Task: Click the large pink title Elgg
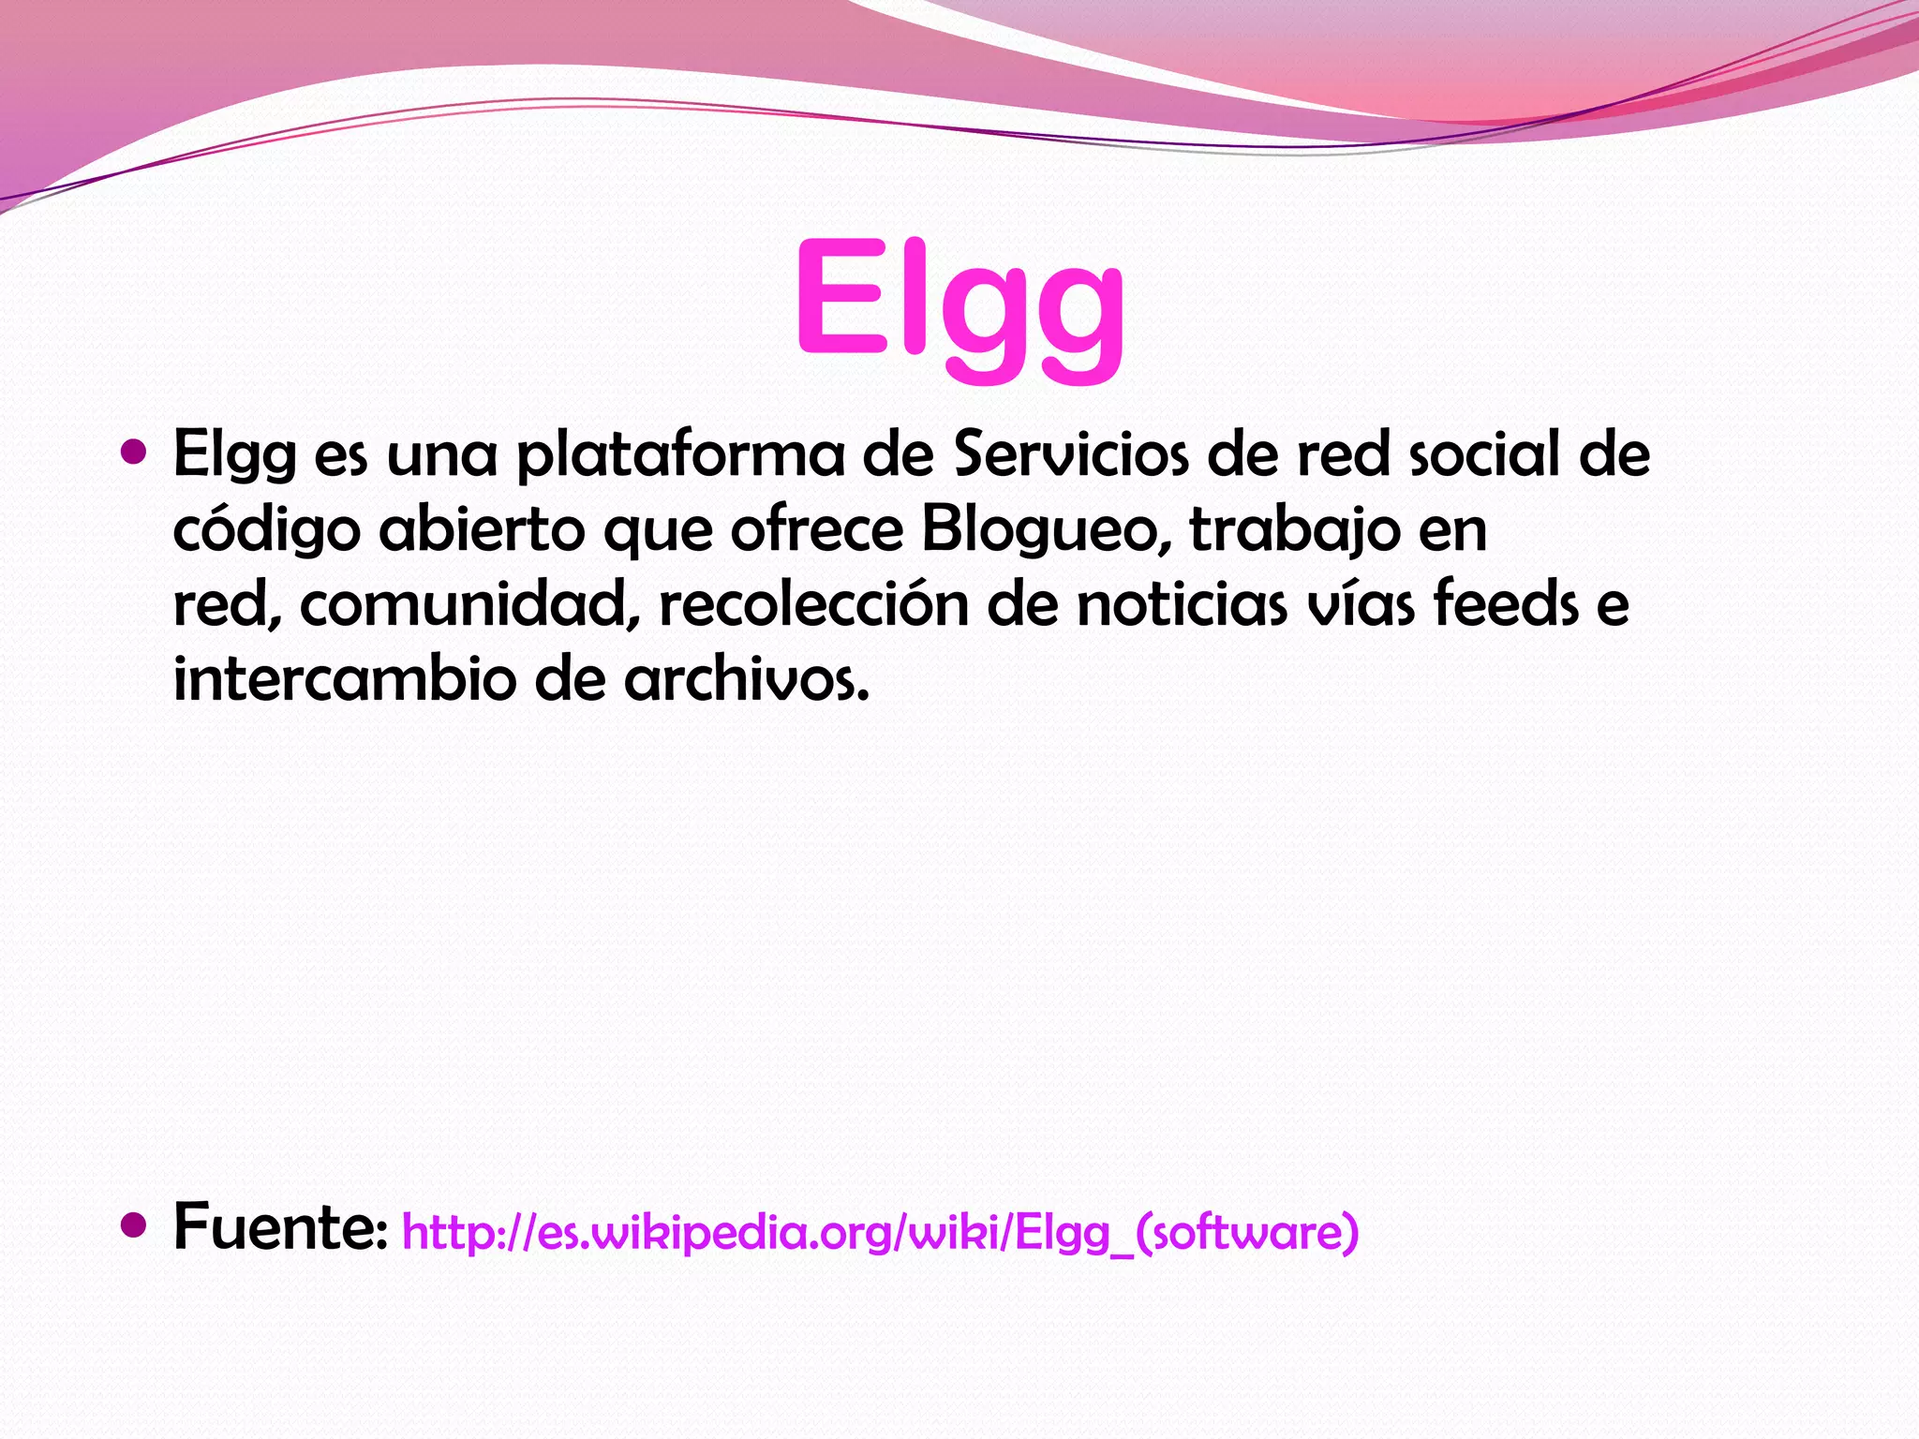[959, 304]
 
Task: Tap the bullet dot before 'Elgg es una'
[135, 453]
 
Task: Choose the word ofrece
[817, 529]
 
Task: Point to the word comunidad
[466, 606]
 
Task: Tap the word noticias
[1182, 606]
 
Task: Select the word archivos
[747, 679]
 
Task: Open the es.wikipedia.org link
[880, 1232]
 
